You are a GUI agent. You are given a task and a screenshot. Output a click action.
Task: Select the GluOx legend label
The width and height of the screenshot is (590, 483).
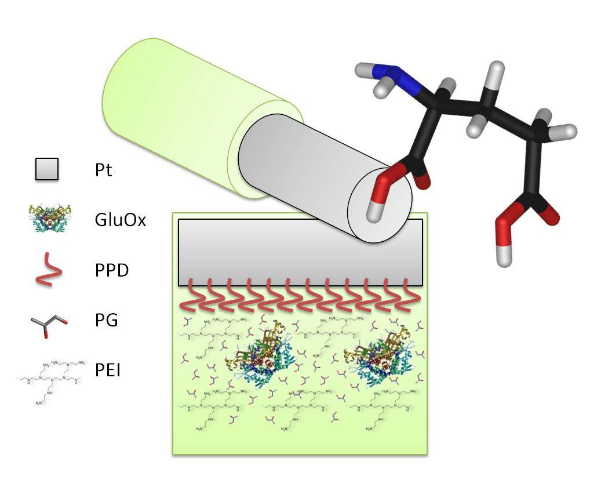120,221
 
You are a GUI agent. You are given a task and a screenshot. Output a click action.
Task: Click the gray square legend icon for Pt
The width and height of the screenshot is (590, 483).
46,170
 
